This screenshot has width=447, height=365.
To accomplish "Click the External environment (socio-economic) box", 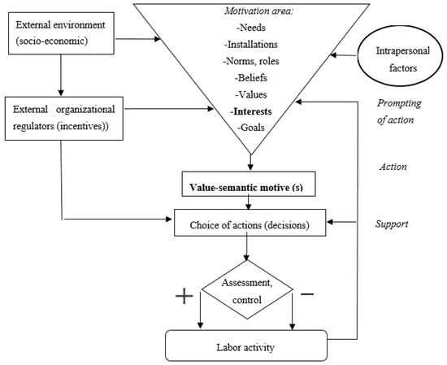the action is click(61, 33).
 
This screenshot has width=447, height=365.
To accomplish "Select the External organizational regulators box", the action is click(64, 119).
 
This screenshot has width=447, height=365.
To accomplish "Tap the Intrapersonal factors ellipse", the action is click(400, 59).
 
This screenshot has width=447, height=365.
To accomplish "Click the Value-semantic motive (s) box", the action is click(249, 184).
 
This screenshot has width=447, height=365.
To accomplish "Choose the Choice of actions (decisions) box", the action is click(250, 223).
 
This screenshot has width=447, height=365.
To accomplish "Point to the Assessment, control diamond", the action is click(247, 289).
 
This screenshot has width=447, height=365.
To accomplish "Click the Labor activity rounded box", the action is click(246, 345).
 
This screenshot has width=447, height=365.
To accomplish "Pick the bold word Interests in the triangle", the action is click(252, 111).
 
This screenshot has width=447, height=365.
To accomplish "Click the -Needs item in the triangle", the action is click(251, 28).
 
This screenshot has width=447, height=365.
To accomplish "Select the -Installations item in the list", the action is click(251, 45).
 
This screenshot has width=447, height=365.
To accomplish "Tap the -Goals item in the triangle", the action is click(251, 127).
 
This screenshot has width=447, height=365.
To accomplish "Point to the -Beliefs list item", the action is click(251, 78).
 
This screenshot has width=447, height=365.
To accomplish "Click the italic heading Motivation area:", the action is click(259, 11).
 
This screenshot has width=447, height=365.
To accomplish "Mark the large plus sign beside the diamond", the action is click(184, 296).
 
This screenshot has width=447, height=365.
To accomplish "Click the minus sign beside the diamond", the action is click(307, 294).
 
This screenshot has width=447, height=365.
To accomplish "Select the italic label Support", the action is click(392, 224).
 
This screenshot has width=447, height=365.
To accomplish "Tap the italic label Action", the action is click(393, 167).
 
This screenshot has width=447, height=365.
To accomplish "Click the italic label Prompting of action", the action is click(399, 111).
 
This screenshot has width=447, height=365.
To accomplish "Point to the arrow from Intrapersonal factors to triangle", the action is click(344, 55).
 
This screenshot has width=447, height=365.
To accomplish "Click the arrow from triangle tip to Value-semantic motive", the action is click(250, 163).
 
